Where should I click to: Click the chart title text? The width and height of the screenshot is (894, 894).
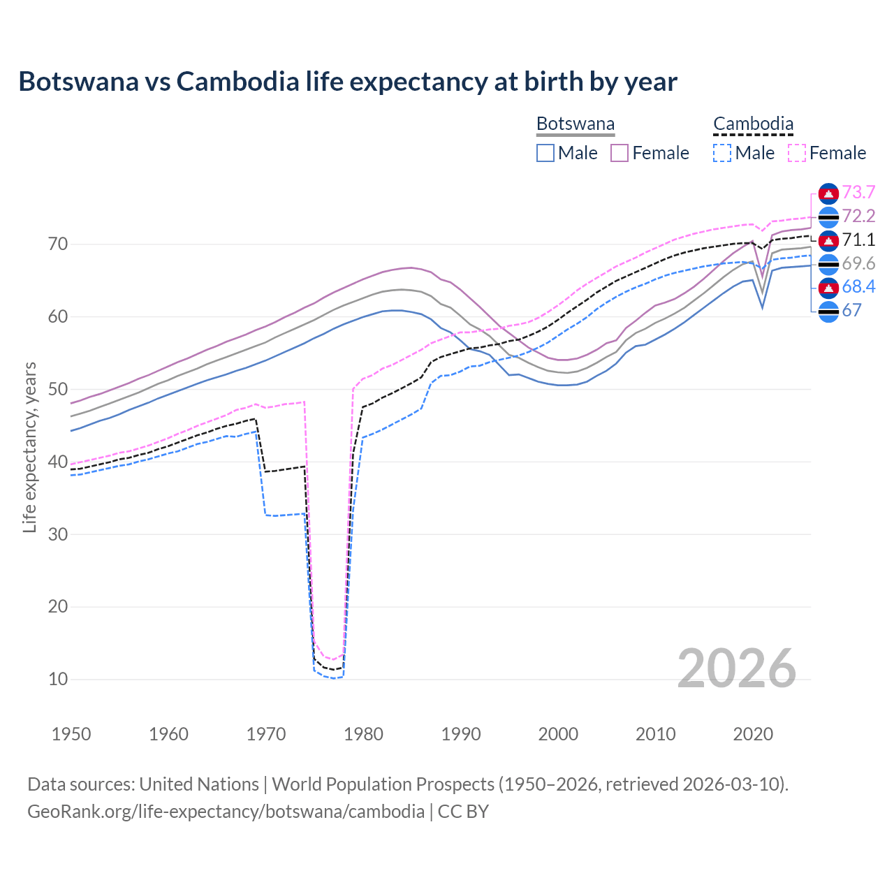348,82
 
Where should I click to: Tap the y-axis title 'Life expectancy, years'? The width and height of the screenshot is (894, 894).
29,447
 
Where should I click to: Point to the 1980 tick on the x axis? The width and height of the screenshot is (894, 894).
363,734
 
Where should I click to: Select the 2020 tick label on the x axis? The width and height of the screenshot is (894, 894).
753,734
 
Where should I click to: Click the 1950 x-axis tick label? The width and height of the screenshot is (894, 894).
72,734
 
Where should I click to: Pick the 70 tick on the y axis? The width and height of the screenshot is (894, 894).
58,244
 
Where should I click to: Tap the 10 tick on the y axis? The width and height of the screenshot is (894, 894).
58,679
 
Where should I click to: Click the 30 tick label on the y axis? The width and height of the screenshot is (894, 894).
58,534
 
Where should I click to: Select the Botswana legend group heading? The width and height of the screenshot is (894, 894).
576,124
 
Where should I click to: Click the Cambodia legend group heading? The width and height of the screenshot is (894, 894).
753,124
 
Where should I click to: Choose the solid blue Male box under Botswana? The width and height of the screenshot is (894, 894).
545,153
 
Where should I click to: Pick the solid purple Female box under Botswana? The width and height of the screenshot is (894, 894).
620,153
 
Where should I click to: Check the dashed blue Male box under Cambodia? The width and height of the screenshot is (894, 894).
722,153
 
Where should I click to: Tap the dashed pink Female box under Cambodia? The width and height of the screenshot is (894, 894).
796,153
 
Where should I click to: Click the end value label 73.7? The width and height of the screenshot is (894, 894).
858,192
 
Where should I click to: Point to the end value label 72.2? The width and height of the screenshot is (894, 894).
858,216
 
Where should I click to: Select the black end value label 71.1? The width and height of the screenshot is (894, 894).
858,240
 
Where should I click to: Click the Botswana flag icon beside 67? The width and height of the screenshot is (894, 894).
828,311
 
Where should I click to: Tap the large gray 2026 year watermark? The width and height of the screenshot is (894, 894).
737,668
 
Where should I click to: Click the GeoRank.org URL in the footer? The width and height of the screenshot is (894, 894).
226,812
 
